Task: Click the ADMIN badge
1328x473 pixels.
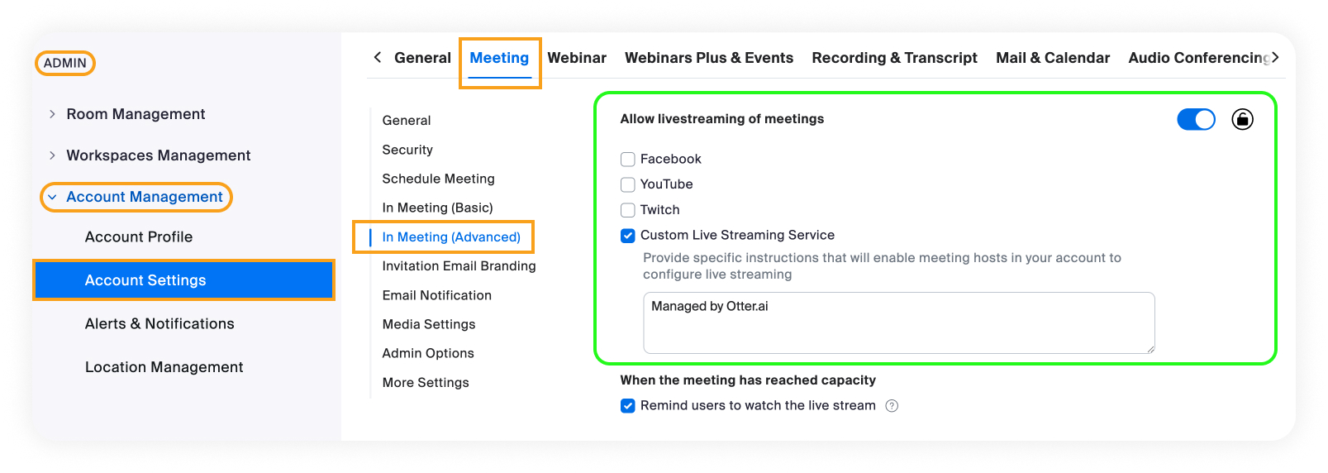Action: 65,63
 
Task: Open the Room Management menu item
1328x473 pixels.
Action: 136,114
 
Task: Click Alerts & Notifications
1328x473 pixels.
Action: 159,323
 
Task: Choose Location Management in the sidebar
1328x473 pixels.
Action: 164,367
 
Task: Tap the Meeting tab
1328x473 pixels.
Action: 499,58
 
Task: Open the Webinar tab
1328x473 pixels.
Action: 577,58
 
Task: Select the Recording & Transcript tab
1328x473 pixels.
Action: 894,58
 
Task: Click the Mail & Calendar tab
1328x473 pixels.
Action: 1053,58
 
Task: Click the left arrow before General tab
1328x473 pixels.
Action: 378,58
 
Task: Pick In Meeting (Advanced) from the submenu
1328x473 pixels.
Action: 451,236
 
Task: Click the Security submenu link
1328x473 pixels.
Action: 407,150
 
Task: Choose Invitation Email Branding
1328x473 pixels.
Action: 459,266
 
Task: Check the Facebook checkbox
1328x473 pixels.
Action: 628,159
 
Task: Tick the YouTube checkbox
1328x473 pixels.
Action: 628,184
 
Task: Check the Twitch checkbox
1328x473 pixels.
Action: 628,210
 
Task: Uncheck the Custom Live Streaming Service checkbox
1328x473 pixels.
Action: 628,236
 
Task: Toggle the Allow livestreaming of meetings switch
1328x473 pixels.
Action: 1196,119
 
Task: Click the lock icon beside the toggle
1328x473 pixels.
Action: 1242,119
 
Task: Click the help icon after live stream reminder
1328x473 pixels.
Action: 892,406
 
